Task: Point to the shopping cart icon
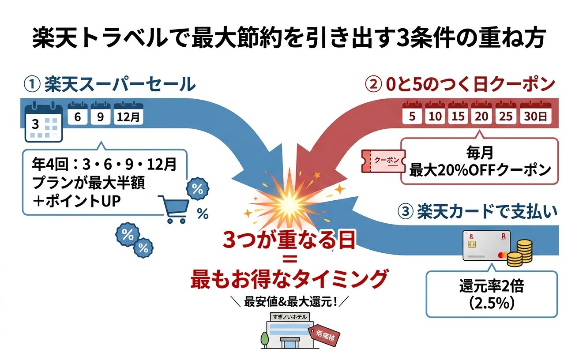click(173, 210)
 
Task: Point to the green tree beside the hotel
click(265, 338)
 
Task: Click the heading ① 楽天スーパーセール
click(110, 84)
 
